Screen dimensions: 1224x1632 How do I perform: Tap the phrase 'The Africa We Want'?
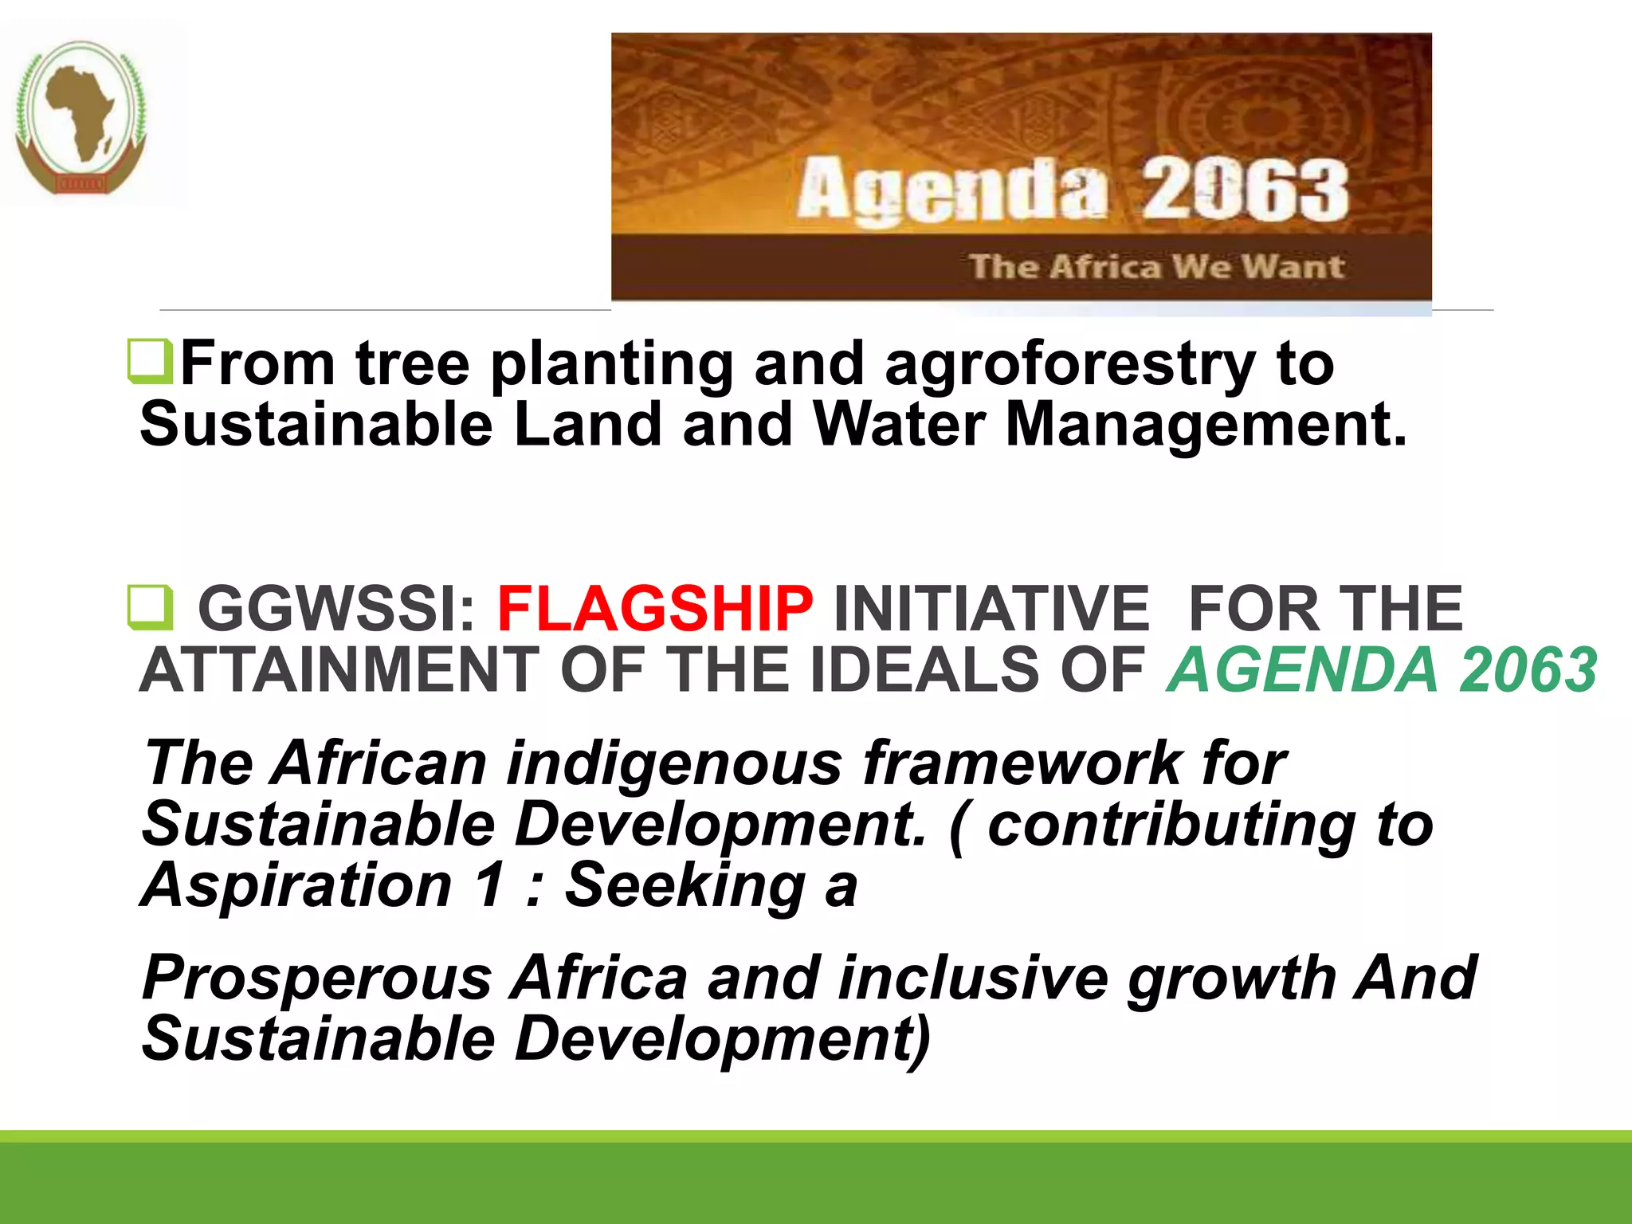pyautogui.click(x=1156, y=266)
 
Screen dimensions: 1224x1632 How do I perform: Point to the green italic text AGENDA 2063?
pyautogui.click(x=1382, y=670)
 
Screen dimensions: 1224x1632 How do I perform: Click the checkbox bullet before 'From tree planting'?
pyautogui.click(x=150, y=362)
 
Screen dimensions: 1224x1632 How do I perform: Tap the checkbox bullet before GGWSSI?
pyautogui.click(x=150, y=608)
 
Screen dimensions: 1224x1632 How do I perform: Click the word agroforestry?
pyautogui.click(x=1070, y=364)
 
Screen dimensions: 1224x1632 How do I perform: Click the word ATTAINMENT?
pyautogui.click(x=339, y=670)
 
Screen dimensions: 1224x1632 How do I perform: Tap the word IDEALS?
pyautogui.click(x=924, y=670)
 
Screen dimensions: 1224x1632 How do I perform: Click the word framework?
pyautogui.click(x=1022, y=763)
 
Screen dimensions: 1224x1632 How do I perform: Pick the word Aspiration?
pyautogui.click(x=297, y=885)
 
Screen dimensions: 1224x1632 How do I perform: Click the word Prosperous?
pyautogui.click(x=316, y=979)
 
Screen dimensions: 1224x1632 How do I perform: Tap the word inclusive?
pyautogui.click(x=973, y=979)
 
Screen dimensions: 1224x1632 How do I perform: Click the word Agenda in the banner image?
pyautogui.click(x=952, y=190)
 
